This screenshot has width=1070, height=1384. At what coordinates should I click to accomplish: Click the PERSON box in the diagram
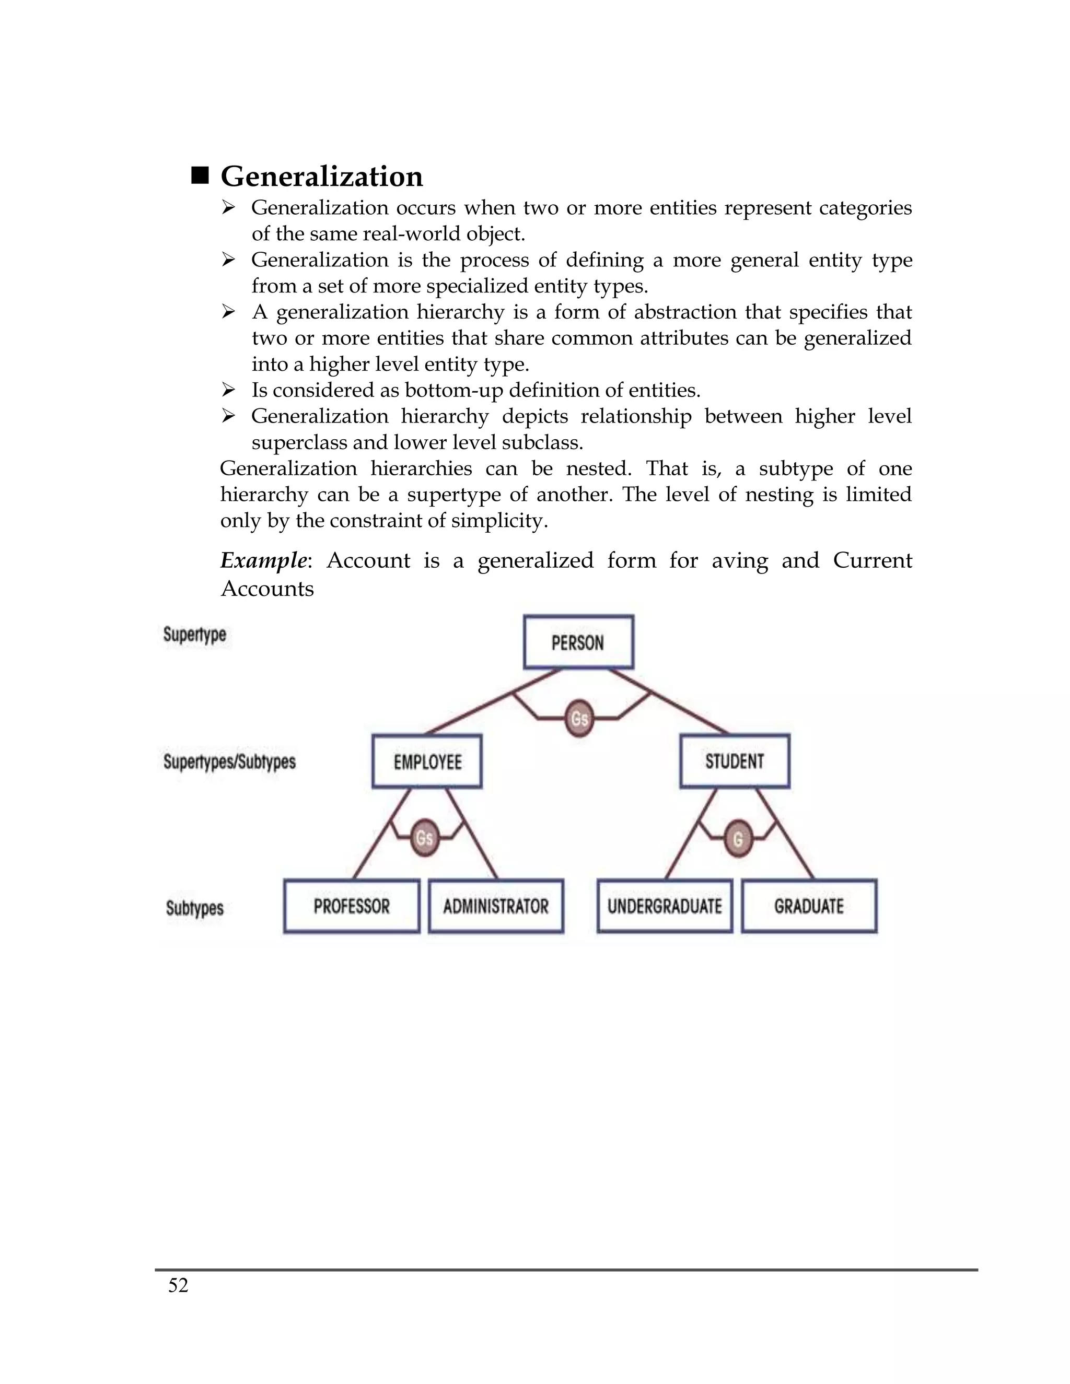coord(578,642)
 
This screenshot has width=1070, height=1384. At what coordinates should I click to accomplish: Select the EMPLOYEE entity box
coord(427,761)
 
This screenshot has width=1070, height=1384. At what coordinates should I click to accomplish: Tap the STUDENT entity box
coord(735,760)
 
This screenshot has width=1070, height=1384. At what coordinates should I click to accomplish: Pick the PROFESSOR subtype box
coord(351,906)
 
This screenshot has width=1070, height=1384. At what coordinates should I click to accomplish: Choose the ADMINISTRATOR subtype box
coord(496,906)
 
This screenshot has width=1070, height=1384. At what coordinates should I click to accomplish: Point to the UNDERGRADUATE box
coord(665,906)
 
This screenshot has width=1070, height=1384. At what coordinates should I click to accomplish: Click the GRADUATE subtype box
coord(809,906)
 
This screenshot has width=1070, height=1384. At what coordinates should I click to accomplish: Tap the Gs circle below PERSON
coord(579,719)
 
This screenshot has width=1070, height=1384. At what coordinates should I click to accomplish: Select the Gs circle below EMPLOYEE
coord(424,838)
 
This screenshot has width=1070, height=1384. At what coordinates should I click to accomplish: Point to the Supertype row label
coord(194,635)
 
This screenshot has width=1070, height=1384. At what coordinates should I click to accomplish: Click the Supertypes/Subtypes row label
coord(229,761)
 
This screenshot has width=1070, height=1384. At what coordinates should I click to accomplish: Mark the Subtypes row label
coord(194,908)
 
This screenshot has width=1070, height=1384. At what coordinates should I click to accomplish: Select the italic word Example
coord(263,560)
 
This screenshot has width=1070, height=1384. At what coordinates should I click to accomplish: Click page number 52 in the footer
coord(178,1285)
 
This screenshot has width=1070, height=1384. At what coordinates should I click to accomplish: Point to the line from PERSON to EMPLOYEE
coord(482,707)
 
